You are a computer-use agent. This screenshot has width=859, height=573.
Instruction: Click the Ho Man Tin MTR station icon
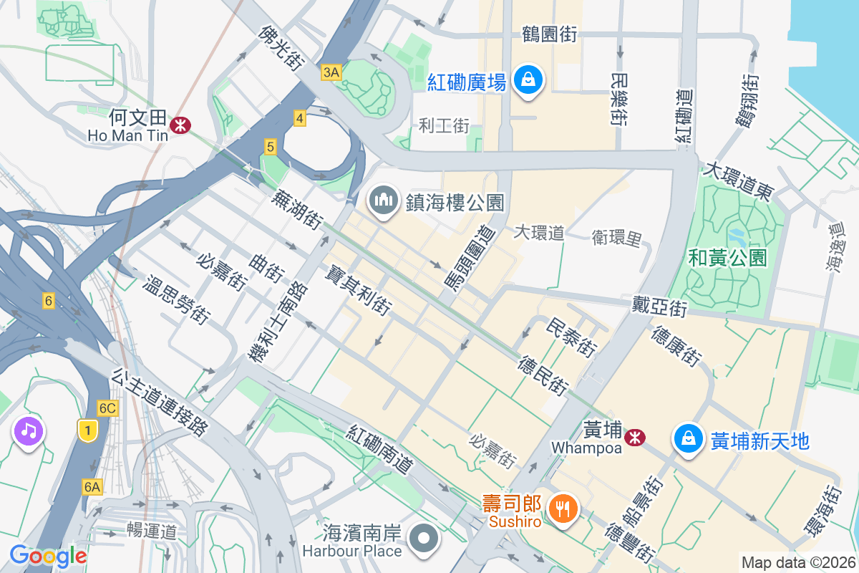[180, 125]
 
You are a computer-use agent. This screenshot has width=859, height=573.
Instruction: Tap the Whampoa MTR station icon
[634, 437]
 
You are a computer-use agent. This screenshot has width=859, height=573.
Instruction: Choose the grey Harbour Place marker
[424, 539]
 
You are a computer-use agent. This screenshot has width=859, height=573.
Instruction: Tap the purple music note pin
[28, 431]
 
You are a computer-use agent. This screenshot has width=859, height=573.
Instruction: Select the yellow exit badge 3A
[331, 72]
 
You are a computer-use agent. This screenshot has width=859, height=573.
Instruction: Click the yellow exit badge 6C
[107, 408]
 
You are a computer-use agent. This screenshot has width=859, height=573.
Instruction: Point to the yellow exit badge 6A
[92, 487]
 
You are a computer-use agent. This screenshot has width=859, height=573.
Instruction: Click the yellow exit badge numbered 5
[270, 147]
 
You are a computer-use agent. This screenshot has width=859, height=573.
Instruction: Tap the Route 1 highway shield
[87, 430]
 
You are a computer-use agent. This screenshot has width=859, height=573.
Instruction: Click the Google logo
[48, 556]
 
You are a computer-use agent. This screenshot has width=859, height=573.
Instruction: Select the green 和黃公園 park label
[727, 257]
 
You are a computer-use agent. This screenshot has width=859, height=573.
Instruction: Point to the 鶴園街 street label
[550, 34]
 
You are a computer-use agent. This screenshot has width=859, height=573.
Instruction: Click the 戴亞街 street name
[659, 308]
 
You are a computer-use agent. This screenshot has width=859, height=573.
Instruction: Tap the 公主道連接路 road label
[160, 402]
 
